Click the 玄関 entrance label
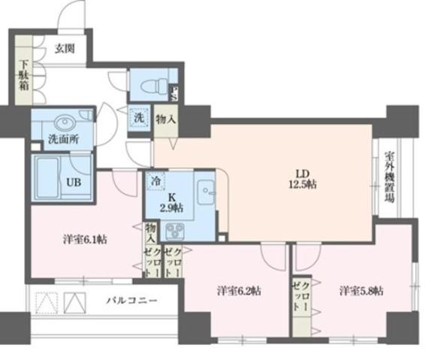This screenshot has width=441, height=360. tap(65, 50)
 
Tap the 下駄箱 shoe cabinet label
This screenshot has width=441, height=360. tap(23, 75)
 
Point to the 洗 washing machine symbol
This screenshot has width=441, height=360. tap(138, 118)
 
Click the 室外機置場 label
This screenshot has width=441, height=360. tap(389, 180)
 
